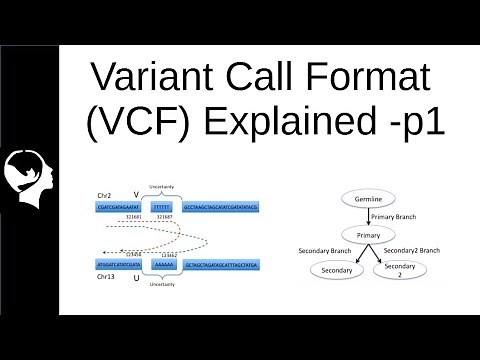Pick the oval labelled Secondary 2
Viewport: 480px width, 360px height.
[398, 271]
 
